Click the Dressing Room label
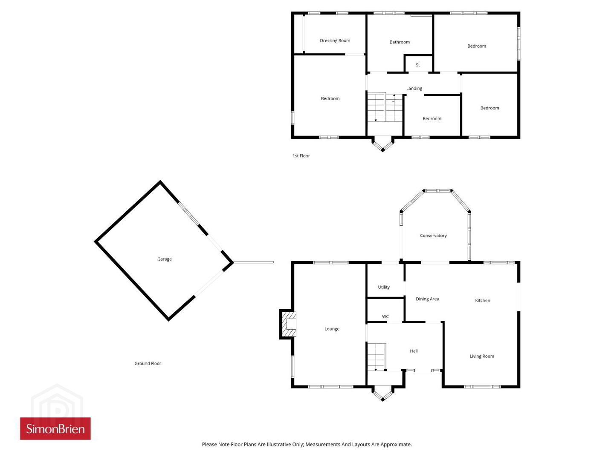335,40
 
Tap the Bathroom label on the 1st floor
400,42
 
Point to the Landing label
414,88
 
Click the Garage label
164,259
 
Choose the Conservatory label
433,236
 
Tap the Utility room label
383,287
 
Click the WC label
385,316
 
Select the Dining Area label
427,299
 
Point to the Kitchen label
482,300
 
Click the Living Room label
482,356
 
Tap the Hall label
414,351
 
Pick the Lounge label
332,329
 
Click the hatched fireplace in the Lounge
289,324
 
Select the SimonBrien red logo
55,428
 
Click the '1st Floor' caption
301,156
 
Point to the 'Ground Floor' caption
148,363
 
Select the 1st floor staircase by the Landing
385,107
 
